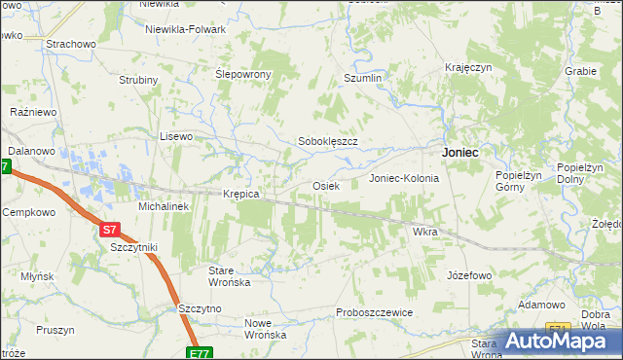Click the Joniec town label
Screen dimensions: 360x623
click(459, 153)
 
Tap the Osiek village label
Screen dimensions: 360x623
click(325, 186)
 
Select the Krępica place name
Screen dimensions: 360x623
click(240, 194)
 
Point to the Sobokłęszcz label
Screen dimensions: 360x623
click(328, 141)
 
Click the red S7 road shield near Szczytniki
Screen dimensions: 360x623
click(110, 230)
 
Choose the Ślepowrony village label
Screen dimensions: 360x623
click(242, 74)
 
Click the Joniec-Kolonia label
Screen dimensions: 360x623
click(404, 179)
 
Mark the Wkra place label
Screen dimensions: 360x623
click(425, 233)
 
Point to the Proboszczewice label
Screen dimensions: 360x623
click(375, 312)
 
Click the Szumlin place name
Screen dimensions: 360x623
click(361, 77)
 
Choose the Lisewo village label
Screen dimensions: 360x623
click(176, 136)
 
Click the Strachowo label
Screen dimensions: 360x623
click(70, 44)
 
